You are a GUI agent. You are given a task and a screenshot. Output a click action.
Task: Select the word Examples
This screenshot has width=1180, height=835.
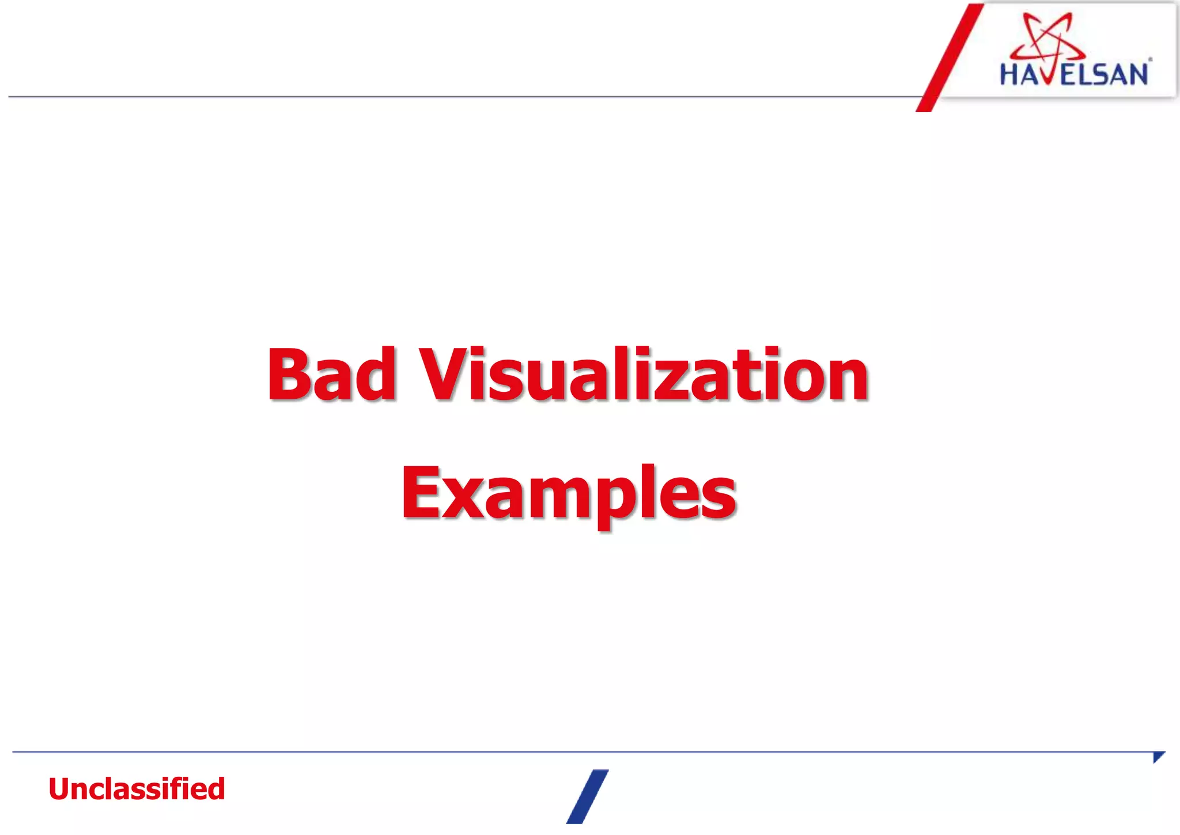569,493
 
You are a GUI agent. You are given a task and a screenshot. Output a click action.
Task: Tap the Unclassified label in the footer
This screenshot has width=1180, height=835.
137,789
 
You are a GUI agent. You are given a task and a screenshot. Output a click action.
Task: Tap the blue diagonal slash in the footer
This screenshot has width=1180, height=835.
587,796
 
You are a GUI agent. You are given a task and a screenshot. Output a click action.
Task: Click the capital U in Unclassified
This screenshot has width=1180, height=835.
60,789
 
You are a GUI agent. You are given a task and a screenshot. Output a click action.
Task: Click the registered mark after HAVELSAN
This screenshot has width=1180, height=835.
1151,59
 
